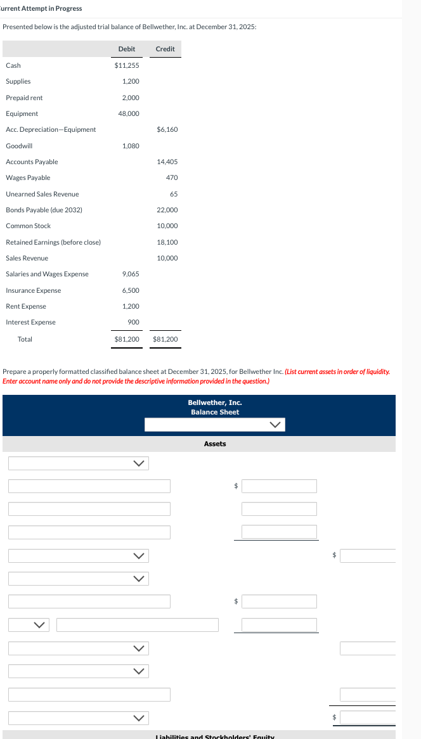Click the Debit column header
pyautogui.click(x=126, y=49)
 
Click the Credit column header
pyautogui.click(x=165, y=49)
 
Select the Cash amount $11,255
pyautogui.click(x=127, y=65)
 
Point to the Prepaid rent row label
pyautogui.click(x=24, y=98)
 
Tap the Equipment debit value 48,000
pyautogui.click(x=129, y=113)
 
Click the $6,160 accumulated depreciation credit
pyautogui.click(x=167, y=129)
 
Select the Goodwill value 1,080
pyautogui.click(x=130, y=146)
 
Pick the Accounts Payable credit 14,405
pyautogui.click(x=167, y=162)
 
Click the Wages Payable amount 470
pyautogui.click(x=171, y=177)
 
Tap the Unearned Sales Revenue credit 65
pyautogui.click(x=174, y=194)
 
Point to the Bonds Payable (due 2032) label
pyautogui.click(x=44, y=210)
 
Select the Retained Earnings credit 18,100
pyautogui.click(x=167, y=242)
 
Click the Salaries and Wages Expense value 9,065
pyautogui.click(x=130, y=274)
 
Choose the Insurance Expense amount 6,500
pyautogui.click(x=130, y=290)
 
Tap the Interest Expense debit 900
pyautogui.click(x=133, y=322)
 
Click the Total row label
pyautogui.click(x=25, y=339)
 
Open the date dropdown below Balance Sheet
pyautogui.click(x=214, y=425)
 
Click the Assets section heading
pyautogui.click(x=214, y=444)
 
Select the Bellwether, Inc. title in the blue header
pyautogui.click(x=214, y=402)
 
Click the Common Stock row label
pyautogui.click(x=28, y=226)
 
